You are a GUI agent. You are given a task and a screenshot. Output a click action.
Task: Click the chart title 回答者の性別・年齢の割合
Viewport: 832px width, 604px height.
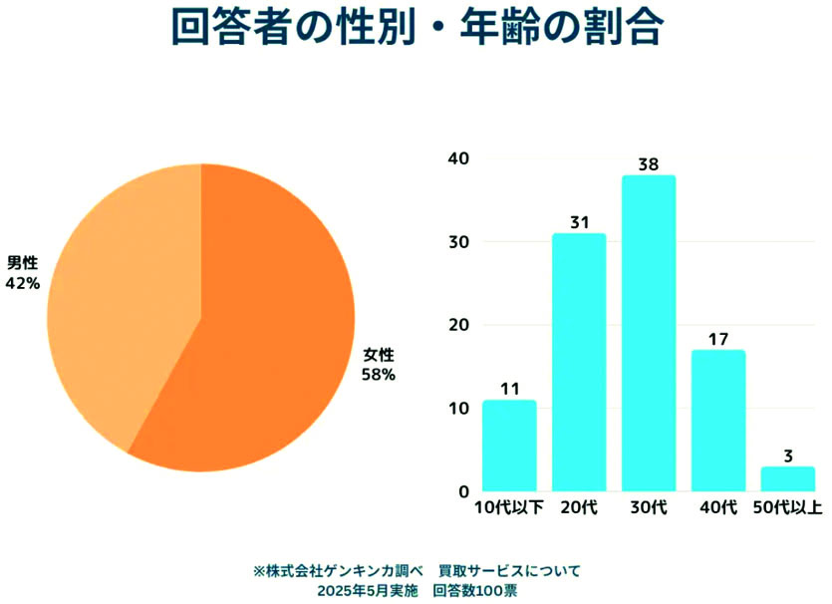(416, 30)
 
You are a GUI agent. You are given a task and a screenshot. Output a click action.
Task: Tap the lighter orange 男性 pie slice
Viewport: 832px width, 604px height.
(120, 299)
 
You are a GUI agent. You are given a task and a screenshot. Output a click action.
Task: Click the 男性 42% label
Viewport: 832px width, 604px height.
(23, 273)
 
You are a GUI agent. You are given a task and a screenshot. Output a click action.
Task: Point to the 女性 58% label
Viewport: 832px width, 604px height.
(379, 365)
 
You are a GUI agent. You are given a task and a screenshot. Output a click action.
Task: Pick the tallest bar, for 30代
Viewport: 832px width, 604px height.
(649, 333)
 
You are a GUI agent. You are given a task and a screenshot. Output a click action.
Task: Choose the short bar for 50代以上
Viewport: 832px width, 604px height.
(788, 478)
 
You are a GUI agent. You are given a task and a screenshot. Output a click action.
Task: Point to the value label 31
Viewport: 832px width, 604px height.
(579, 222)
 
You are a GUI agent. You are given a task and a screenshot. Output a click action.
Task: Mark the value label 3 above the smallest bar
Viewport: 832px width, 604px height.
(788, 455)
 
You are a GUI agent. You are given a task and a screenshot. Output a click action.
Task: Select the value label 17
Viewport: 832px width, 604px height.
(718, 339)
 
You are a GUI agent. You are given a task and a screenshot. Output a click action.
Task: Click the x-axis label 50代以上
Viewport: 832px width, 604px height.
(787, 509)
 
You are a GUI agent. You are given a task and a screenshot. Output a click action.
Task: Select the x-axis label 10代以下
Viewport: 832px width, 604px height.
(508, 509)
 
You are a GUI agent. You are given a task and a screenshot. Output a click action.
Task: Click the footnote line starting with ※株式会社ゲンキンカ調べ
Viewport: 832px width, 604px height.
(416, 571)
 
